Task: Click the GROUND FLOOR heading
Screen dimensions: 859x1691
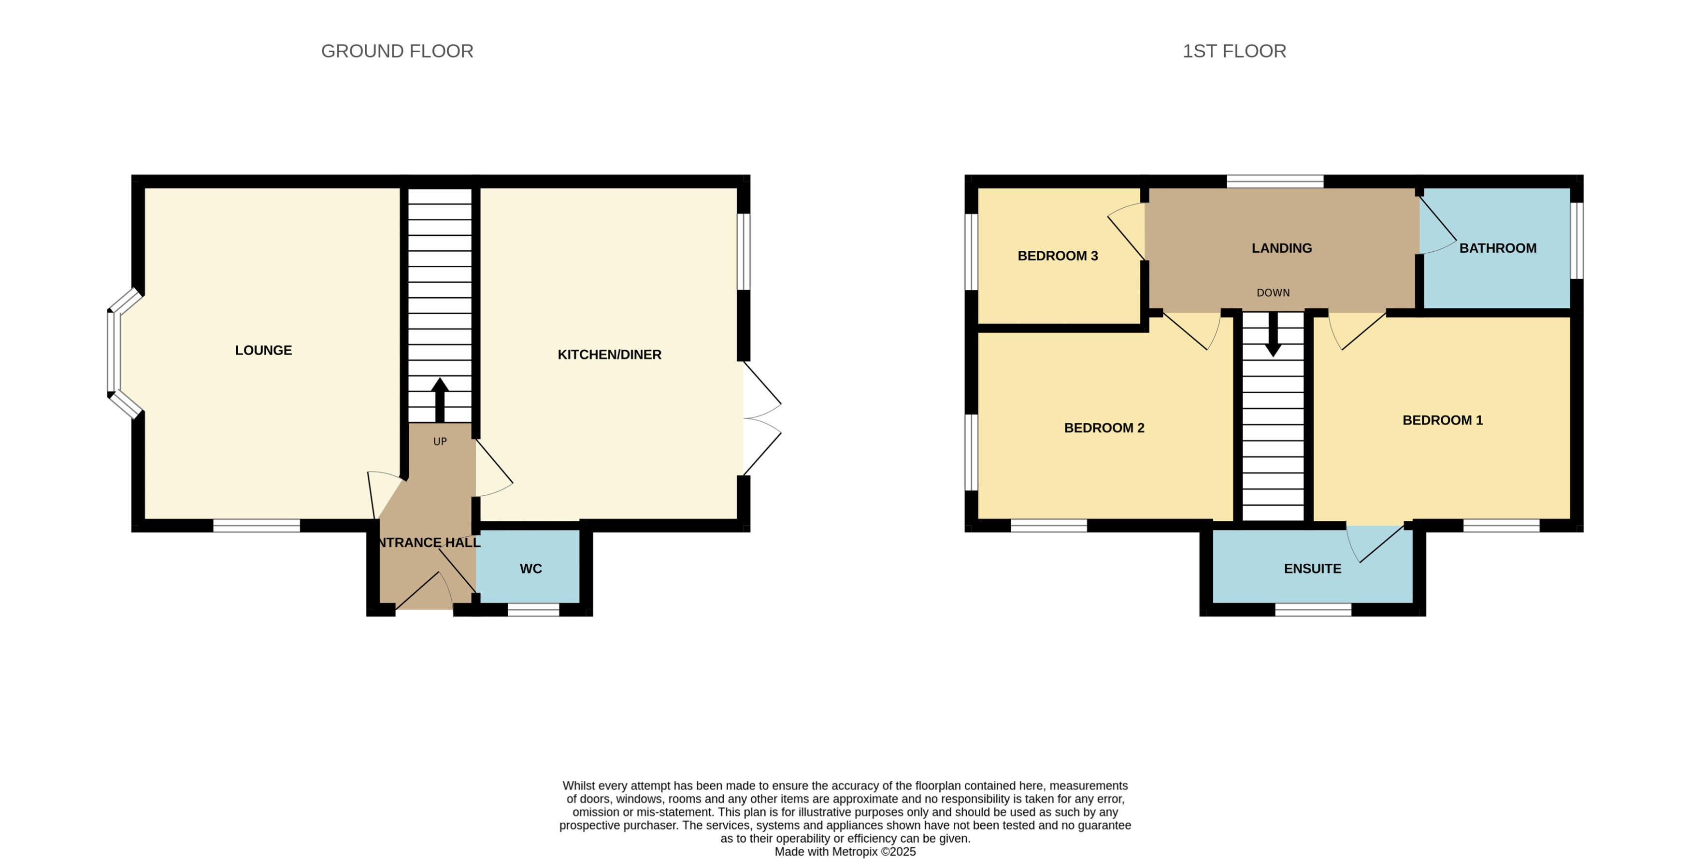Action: click(x=397, y=51)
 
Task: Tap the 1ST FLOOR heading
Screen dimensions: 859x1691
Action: click(x=1233, y=51)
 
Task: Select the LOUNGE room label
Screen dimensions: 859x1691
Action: click(x=263, y=350)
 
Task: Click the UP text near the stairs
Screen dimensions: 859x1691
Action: click(x=440, y=442)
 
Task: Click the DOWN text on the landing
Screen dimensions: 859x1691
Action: click(x=1273, y=293)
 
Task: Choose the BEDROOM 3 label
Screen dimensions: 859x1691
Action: click(x=1057, y=256)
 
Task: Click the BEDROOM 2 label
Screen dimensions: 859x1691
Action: click(x=1103, y=428)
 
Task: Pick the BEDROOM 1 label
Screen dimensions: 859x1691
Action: click(x=1442, y=420)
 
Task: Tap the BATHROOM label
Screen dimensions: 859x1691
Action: click(x=1497, y=248)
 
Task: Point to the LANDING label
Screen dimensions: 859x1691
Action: click(x=1281, y=248)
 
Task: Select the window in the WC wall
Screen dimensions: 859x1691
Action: click(x=533, y=610)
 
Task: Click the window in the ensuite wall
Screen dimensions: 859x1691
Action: click(x=1312, y=610)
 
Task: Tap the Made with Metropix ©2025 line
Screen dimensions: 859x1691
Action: click(x=845, y=852)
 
